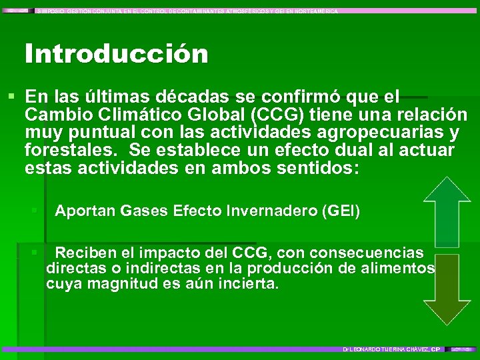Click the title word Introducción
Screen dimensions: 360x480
point(117,54)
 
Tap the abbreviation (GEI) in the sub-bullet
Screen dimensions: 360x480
point(341,212)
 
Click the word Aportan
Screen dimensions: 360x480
point(85,212)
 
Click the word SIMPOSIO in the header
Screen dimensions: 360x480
point(51,11)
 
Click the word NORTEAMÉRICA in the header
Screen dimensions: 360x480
point(314,11)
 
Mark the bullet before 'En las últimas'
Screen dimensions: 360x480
point(11,97)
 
